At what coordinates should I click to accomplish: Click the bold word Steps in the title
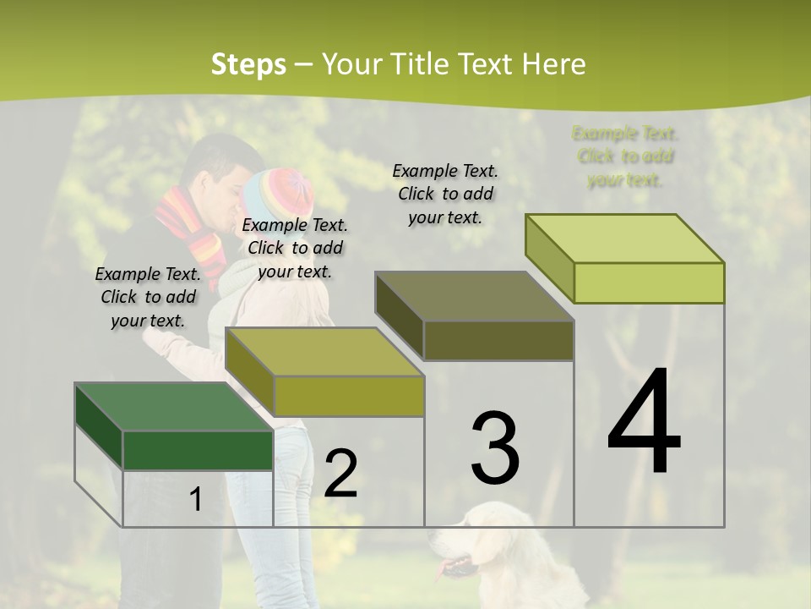[x=248, y=64]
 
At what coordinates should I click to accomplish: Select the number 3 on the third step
[x=495, y=448]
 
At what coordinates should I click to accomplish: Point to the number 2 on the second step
[x=340, y=475]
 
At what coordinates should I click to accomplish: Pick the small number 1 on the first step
[x=195, y=500]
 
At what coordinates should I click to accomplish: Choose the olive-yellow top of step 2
[x=321, y=351]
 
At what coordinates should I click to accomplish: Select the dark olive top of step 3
[x=473, y=296]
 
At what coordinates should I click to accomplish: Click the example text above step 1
[x=148, y=297]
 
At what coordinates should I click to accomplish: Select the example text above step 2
[x=295, y=248]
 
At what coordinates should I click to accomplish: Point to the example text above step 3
[x=445, y=194]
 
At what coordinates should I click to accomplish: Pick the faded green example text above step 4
[x=625, y=156]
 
